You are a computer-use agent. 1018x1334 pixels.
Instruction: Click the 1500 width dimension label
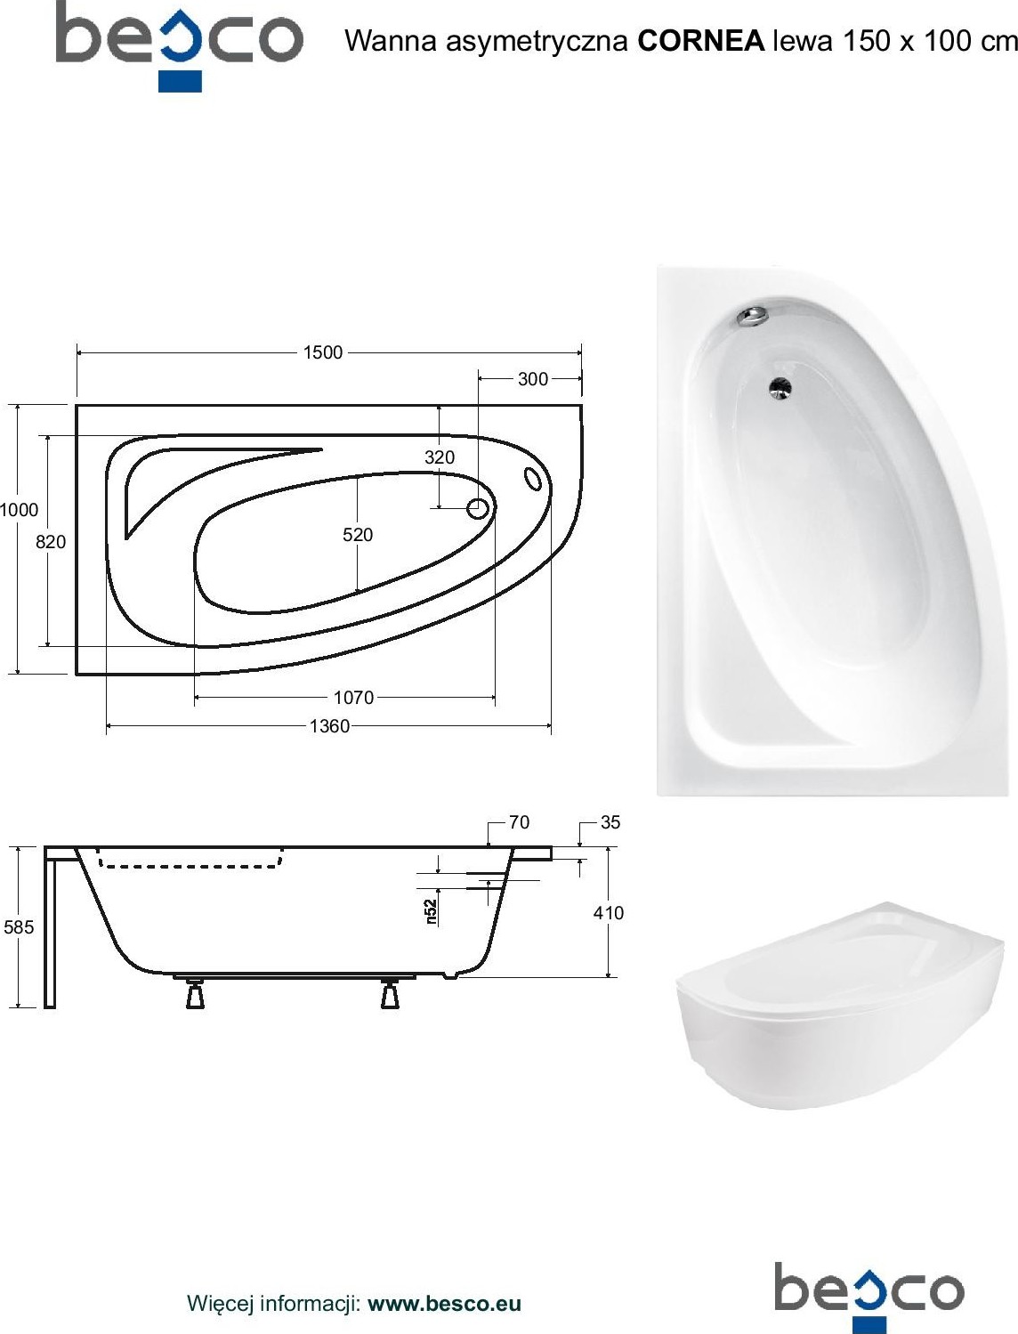[323, 352]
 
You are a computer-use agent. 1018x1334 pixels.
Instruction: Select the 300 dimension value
[533, 379]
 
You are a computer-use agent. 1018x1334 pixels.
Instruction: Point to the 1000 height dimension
[19, 509]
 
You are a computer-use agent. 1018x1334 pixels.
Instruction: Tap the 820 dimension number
[51, 541]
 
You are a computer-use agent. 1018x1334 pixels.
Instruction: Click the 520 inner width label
[358, 535]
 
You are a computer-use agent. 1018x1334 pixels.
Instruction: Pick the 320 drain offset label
[440, 457]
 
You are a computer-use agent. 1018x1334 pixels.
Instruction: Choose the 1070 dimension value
[353, 697]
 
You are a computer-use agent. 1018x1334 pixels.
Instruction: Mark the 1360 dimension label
[329, 726]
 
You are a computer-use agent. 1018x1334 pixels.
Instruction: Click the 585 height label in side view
[19, 926]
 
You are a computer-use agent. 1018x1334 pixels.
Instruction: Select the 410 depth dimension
[609, 912]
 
